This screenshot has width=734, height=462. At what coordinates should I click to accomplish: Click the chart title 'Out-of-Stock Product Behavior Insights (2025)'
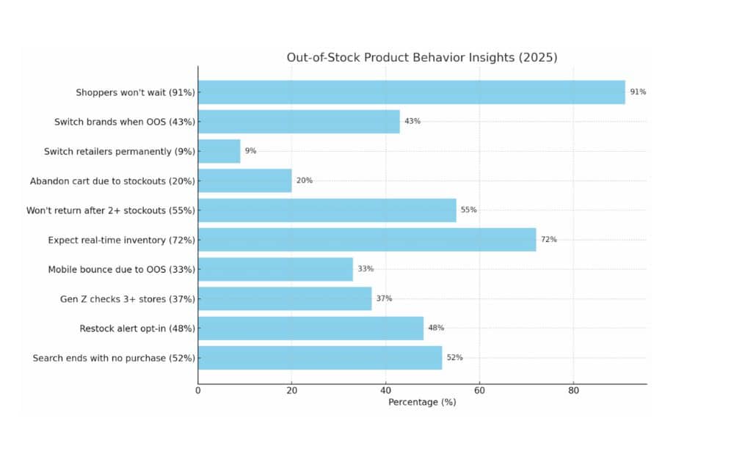point(421,58)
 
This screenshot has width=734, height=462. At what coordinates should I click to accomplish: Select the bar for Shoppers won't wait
point(411,92)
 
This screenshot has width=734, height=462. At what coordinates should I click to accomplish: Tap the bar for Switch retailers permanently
point(219,151)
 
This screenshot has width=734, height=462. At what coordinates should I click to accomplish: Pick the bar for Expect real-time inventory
point(367,240)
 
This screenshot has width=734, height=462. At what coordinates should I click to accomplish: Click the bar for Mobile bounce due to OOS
point(275,269)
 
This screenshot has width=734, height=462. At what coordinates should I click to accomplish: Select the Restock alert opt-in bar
point(310,328)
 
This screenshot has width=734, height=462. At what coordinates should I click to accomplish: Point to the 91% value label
point(638,92)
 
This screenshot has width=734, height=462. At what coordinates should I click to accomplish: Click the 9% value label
point(250,151)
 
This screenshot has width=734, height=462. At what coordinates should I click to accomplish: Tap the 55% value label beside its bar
point(468,210)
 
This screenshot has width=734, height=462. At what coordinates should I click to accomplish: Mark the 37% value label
point(384,298)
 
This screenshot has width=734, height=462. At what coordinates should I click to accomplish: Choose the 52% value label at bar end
point(454,358)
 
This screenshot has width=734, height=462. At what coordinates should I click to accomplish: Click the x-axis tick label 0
point(198,391)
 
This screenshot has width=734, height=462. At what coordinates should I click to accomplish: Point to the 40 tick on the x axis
point(386,391)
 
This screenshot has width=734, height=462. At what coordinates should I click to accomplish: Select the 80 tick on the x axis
point(574,391)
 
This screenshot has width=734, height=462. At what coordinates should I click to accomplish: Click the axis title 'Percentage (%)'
point(422,403)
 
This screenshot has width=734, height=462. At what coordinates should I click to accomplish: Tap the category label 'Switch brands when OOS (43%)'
point(125,122)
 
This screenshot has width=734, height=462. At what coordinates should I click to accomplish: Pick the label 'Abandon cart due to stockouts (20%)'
point(112,180)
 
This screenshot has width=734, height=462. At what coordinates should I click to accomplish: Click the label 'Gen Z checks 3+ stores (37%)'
point(128,298)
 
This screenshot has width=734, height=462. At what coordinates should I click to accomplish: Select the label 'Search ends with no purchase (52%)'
point(114,358)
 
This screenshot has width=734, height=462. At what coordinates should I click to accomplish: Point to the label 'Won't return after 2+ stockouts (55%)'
point(111,210)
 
